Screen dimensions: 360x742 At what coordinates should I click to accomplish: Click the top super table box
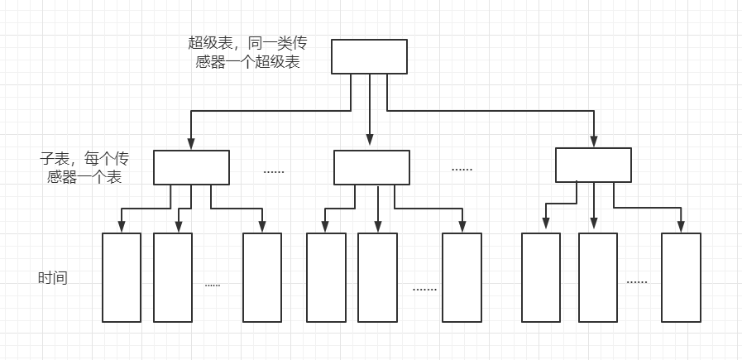[x=369, y=56]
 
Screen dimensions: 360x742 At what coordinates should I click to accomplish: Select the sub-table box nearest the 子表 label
[x=191, y=167]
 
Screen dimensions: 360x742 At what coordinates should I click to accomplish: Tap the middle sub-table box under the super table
[x=371, y=167]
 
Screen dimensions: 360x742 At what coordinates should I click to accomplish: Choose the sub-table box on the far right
[x=593, y=165]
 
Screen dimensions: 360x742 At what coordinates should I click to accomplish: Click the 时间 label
[x=53, y=278]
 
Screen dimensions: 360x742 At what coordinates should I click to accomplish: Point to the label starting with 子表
[x=85, y=167]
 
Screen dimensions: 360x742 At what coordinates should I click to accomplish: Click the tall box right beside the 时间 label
[x=122, y=277]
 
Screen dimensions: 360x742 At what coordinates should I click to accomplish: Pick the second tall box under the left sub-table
[x=173, y=277]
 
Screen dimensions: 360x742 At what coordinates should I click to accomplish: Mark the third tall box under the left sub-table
[x=262, y=277]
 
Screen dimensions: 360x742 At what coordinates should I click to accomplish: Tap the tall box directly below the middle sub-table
[x=377, y=277]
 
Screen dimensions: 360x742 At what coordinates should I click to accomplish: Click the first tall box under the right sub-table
[x=541, y=277]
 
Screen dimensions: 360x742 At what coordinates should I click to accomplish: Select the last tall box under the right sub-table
[x=681, y=277]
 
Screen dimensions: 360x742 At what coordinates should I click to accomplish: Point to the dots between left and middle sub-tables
[x=274, y=171]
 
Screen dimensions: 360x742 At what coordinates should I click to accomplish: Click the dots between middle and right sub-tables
[x=462, y=169]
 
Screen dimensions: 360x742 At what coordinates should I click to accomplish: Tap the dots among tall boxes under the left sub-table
[x=213, y=285]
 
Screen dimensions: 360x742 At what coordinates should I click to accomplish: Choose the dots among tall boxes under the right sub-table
[x=637, y=282]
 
